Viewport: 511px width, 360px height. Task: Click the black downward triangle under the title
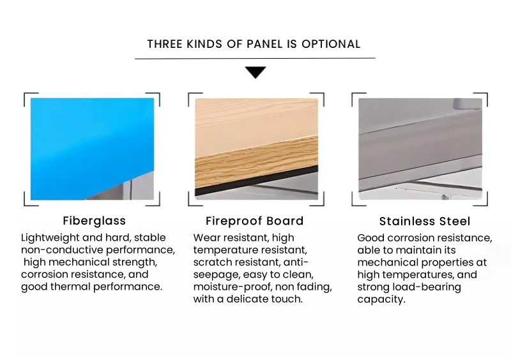256,71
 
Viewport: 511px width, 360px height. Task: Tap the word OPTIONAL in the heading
331,44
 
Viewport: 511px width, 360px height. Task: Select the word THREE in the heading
165,44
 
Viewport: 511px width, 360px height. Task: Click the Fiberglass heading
94,221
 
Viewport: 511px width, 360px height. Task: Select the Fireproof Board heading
254,221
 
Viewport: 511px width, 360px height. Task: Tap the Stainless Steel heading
425,221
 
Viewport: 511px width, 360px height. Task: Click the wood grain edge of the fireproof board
257,162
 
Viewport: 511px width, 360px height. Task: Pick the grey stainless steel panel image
420,149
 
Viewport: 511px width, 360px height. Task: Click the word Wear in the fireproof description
205,238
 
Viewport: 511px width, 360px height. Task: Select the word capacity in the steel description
381,299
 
